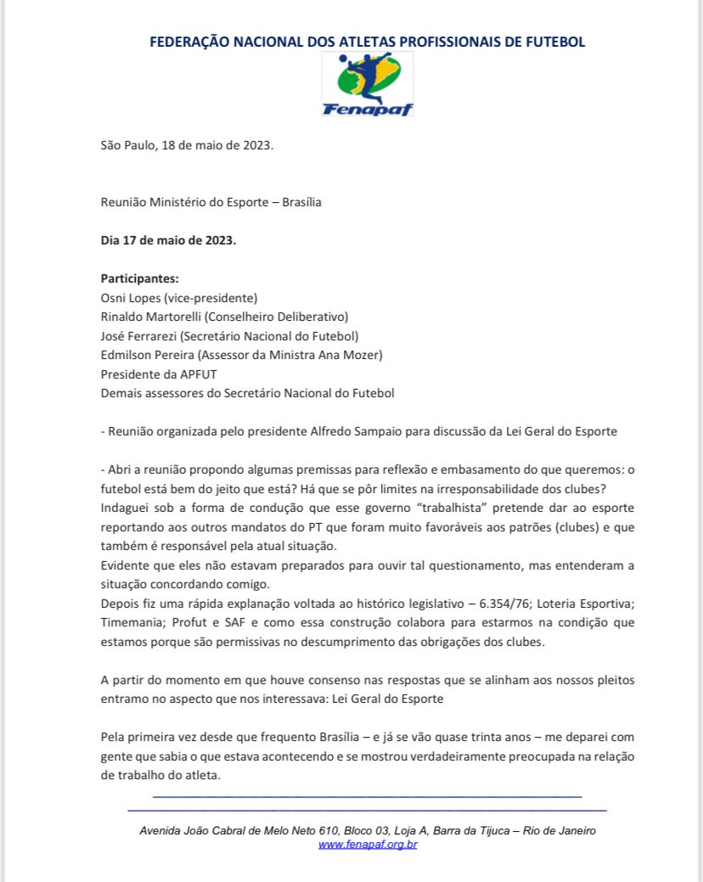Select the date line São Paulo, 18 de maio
coord(187,145)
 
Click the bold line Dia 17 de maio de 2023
coord(168,240)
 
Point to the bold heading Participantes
coord(139,278)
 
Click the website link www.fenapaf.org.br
coord(368,845)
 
